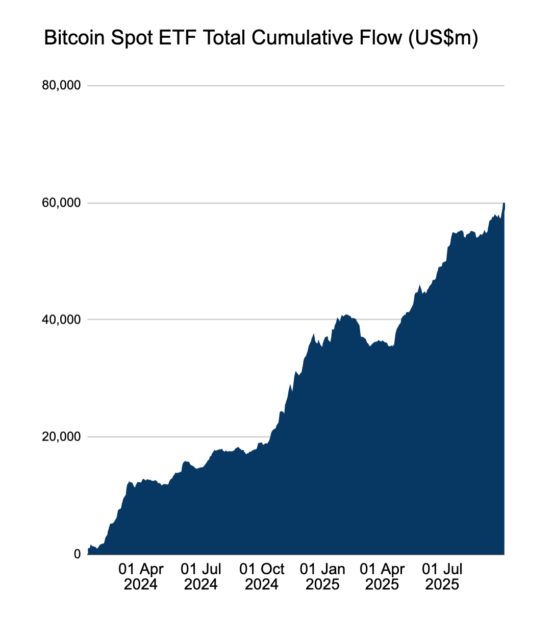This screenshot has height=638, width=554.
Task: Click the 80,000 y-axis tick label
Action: [x=61, y=86]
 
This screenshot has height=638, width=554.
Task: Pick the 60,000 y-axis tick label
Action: [x=61, y=203]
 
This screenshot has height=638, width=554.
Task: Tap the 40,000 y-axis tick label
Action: [x=61, y=320]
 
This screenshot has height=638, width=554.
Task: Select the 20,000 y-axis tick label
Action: [x=61, y=437]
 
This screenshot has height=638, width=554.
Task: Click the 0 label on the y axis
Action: [x=78, y=554]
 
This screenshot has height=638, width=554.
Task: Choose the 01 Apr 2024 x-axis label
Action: [x=141, y=577]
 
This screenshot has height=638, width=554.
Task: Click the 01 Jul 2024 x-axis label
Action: [x=201, y=577]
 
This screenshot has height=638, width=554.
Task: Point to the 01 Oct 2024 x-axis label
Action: [x=262, y=577]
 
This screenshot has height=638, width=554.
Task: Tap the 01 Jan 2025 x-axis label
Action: [x=322, y=577]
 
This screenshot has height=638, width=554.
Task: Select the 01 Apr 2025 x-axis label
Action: [x=382, y=577]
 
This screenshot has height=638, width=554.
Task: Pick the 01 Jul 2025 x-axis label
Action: [x=442, y=577]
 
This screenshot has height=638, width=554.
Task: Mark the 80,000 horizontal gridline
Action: [x=296, y=86]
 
